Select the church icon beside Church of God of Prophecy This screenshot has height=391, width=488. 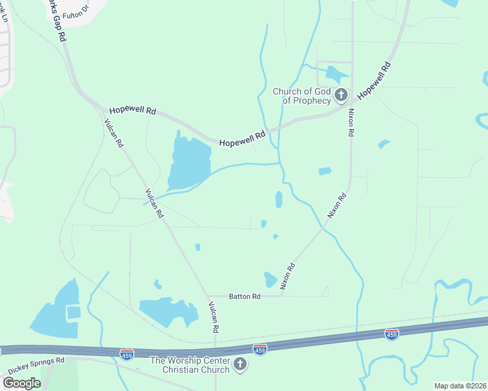click(x=341, y=96)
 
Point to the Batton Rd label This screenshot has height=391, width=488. click(x=245, y=296)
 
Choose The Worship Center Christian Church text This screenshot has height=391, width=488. click(x=190, y=365)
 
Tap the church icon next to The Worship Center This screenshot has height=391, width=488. click(x=240, y=364)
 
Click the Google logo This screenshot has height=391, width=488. click(x=22, y=383)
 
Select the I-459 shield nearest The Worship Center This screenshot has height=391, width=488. click(x=260, y=349)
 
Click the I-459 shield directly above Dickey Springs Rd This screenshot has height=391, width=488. click(x=127, y=355)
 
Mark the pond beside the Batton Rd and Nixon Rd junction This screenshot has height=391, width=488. click(x=270, y=280)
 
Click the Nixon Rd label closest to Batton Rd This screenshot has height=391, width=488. click(x=288, y=276)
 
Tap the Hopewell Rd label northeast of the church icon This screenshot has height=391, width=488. click(x=374, y=79)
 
